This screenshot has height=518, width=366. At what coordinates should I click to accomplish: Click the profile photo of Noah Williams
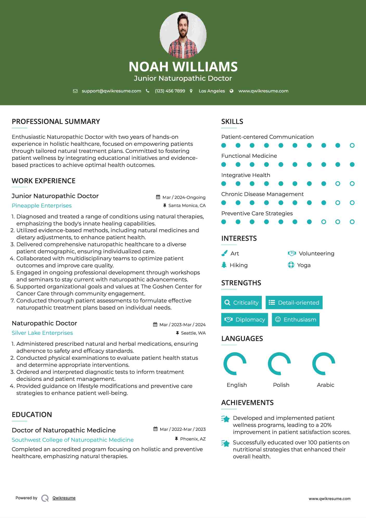pos(183,35)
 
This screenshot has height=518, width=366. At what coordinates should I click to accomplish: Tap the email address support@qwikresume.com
pos(111,91)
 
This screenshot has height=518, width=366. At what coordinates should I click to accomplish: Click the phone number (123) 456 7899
pos(170,91)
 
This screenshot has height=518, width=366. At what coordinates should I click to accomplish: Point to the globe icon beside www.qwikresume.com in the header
pos(232,91)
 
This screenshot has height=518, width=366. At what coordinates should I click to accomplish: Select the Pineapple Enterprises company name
pos(42,206)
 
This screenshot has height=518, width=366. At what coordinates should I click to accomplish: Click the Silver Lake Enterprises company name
pos(42,333)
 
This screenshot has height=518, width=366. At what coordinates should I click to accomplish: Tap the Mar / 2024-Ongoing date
pos(184,197)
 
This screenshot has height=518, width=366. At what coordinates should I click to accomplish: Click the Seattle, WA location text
pos(193,333)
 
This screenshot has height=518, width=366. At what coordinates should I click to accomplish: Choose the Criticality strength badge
pos(241,302)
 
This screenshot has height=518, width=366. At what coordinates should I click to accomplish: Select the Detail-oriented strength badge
pos(294,302)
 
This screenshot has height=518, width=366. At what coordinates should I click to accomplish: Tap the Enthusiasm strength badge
pos(296,320)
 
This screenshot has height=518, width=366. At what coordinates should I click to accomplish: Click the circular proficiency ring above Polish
pos(279,364)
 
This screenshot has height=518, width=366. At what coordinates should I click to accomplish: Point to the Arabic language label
pos(325,385)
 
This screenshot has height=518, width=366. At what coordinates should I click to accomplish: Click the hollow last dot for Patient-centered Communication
pos(352,146)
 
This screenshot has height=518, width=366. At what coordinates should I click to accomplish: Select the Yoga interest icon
pos(291,265)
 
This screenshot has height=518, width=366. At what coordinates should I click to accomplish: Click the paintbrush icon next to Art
pos(224,253)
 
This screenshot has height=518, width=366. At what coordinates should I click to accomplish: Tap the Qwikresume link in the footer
pos(64,498)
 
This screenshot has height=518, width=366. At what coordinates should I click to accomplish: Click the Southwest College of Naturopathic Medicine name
pos(73,440)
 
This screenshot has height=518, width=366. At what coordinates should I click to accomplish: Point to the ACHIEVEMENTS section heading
pos(247,403)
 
